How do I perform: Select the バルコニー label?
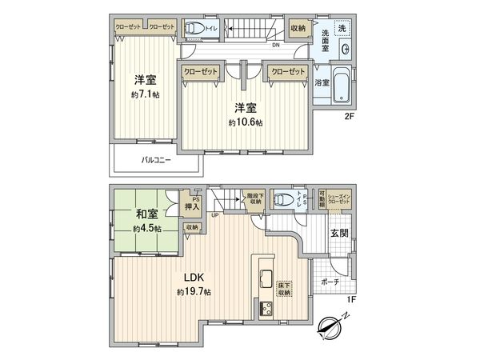158,160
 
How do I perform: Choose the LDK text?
196,277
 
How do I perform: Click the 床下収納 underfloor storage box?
284,288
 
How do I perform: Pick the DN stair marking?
275,46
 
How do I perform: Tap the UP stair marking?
215,215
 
